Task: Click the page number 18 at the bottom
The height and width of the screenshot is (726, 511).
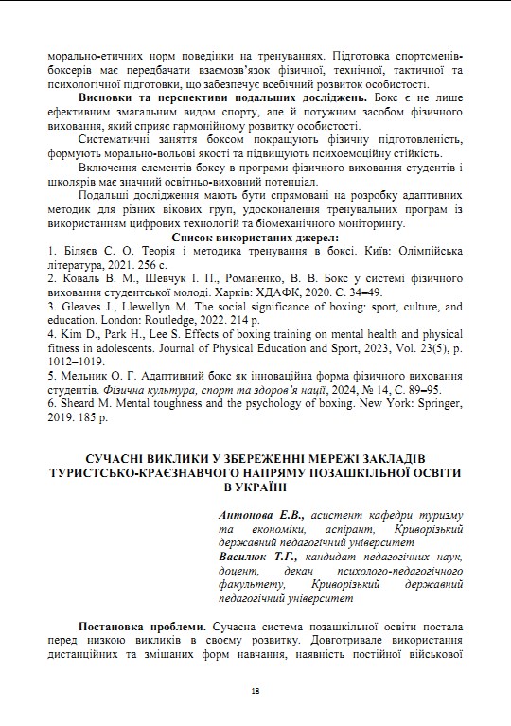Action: pyautogui.click(x=255, y=690)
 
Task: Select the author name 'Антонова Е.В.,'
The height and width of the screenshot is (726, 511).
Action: pyautogui.click(x=260, y=513)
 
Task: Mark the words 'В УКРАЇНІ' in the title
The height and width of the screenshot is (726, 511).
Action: pyautogui.click(x=255, y=486)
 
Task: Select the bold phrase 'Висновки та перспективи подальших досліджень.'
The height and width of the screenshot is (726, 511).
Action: pyautogui.click(x=217, y=97)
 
